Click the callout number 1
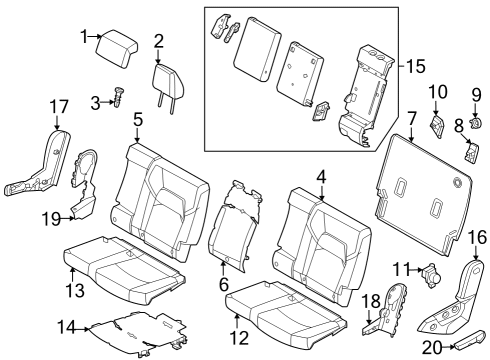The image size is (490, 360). pyautogui.click(x=85, y=37)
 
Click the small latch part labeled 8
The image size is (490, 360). pyautogui.click(x=472, y=153)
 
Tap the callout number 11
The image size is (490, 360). pyautogui.click(x=400, y=267)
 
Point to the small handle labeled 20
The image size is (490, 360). pyautogui.click(x=464, y=346)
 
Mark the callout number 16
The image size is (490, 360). pyautogui.click(x=477, y=237)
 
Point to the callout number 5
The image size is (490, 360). pyautogui.click(x=137, y=119)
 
